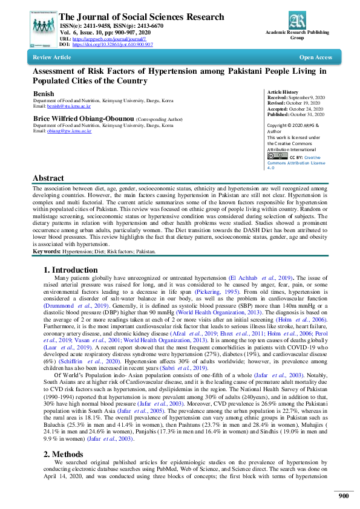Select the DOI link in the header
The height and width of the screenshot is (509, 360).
coord(113,44)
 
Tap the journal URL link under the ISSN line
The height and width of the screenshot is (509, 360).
coord(106,39)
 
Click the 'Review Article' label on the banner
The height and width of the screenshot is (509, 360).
coord(52,57)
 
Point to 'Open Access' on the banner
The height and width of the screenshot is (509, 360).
coord(315,57)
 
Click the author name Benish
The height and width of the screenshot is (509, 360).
coord(44,94)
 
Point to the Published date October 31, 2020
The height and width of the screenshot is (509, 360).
coord(308,113)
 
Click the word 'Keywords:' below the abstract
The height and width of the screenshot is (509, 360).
coord(46,250)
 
